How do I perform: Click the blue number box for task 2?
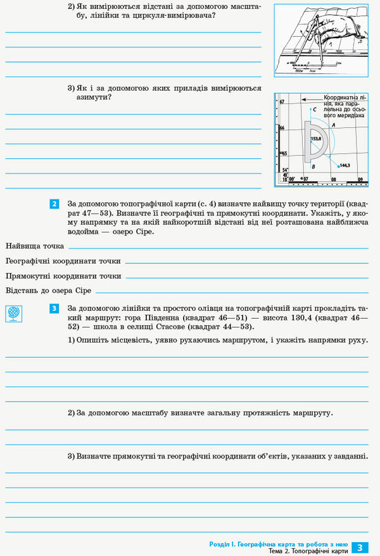(54, 204)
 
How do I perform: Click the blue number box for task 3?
(54, 308)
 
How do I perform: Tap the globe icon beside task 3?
(13, 313)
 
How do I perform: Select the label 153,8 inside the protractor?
(316, 138)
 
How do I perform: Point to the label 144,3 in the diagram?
(345, 165)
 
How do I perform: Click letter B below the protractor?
(313, 167)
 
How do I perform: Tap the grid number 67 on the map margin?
(282, 102)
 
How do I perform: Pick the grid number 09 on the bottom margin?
(359, 180)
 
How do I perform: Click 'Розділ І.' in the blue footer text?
(224, 544)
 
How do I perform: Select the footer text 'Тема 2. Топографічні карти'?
(308, 552)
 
